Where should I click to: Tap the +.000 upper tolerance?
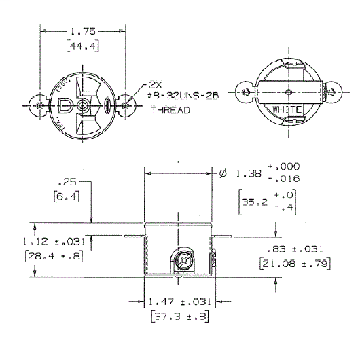pos(284,166)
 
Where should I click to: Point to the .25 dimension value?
pos(67,183)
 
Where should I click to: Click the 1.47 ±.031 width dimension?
pos(180,300)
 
